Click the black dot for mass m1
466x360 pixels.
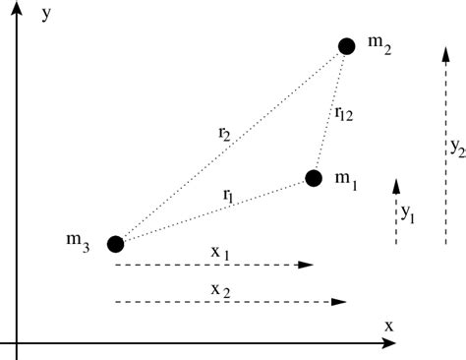click(314, 178)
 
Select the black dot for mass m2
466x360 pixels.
click(346, 45)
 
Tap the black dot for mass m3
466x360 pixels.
click(115, 243)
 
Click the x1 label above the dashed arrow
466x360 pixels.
click(220, 253)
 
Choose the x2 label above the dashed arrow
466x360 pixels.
click(220, 288)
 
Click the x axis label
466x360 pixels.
click(388, 326)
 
